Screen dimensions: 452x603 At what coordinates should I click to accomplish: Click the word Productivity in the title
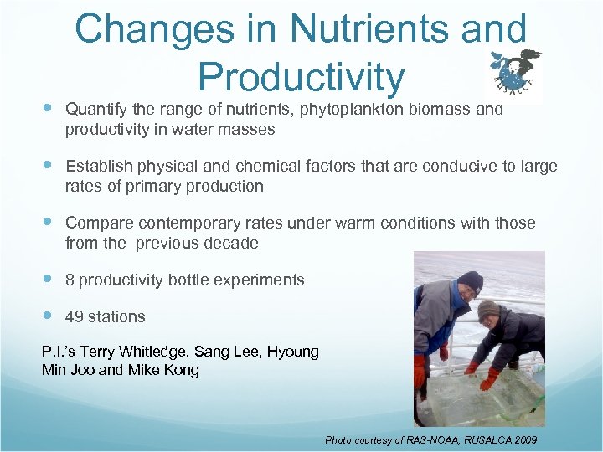tap(301, 77)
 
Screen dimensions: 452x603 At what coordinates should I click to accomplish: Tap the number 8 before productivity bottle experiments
tap(70, 280)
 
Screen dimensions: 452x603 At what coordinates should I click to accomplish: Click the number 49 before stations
tap(74, 316)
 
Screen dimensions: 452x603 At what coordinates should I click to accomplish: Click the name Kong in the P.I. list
tap(181, 369)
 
